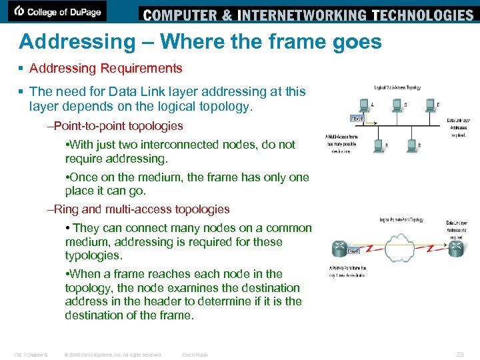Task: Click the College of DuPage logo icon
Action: (19, 11)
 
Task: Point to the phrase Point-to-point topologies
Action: (119, 126)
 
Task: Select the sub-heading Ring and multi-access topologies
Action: (142, 209)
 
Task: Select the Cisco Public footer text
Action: (195, 355)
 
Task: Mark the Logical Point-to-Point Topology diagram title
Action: (402, 219)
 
